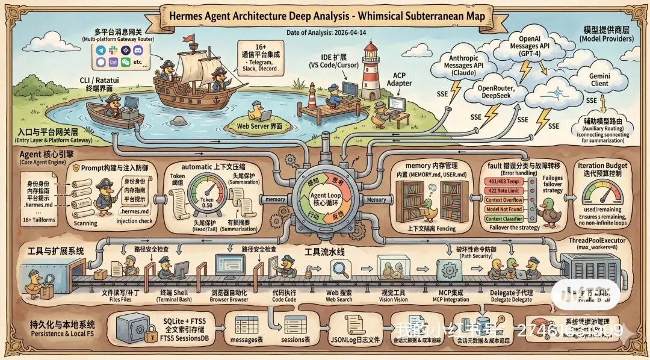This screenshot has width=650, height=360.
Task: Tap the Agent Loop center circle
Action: click(324, 199)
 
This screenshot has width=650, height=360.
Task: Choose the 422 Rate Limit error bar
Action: click(503, 190)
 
